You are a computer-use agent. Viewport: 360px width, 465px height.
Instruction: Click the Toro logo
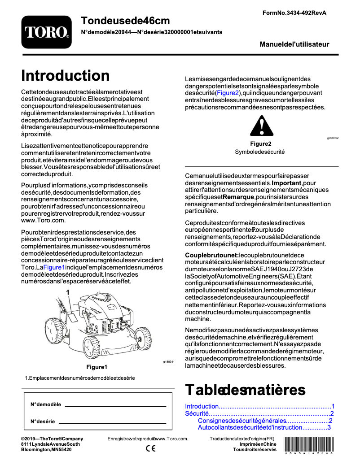[x=46, y=32]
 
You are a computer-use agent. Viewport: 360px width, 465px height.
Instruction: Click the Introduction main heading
[x=65, y=75]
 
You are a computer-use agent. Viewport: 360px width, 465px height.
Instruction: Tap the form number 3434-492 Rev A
[x=294, y=13]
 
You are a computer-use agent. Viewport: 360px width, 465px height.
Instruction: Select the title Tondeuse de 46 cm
[x=126, y=20]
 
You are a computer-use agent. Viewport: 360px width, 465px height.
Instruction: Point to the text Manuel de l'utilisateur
[x=294, y=44]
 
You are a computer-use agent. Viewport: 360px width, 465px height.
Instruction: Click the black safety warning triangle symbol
[x=261, y=126]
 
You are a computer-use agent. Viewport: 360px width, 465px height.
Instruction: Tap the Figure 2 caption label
[x=261, y=144]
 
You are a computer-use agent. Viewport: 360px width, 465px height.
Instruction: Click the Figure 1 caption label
[x=99, y=367]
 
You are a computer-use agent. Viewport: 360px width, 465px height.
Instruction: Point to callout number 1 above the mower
[x=68, y=292]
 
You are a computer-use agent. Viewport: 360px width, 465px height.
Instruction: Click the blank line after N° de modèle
[x=115, y=406]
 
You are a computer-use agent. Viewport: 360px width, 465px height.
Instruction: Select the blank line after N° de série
[x=112, y=422]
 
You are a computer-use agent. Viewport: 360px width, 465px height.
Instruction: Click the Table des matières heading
[x=245, y=389]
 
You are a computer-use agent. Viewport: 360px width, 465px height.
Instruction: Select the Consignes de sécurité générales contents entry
[x=241, y=421]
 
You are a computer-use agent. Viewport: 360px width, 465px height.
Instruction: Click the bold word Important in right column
[x=286, y=183]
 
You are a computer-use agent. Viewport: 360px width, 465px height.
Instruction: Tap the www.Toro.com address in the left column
[x=44, y=220]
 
